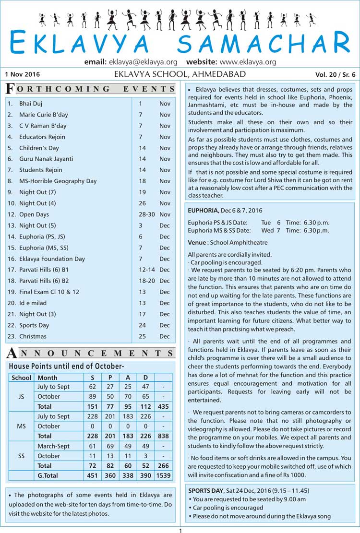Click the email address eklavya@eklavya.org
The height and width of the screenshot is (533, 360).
143,62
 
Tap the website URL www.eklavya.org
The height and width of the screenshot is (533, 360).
248,62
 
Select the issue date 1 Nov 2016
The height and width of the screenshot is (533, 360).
23,74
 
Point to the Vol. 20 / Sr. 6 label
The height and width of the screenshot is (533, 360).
336,74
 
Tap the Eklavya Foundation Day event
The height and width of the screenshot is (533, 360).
52,259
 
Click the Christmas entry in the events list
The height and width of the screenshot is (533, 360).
33,336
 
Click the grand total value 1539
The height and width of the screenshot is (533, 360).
163,475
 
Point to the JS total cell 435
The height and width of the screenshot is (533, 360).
163,406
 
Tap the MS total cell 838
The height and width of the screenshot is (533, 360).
163,436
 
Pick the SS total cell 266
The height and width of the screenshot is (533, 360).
163,466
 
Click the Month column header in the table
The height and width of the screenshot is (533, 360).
48,377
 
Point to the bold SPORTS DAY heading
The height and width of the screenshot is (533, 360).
205,491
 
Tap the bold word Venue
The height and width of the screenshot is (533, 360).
197,243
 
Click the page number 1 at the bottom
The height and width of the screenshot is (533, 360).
180,530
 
